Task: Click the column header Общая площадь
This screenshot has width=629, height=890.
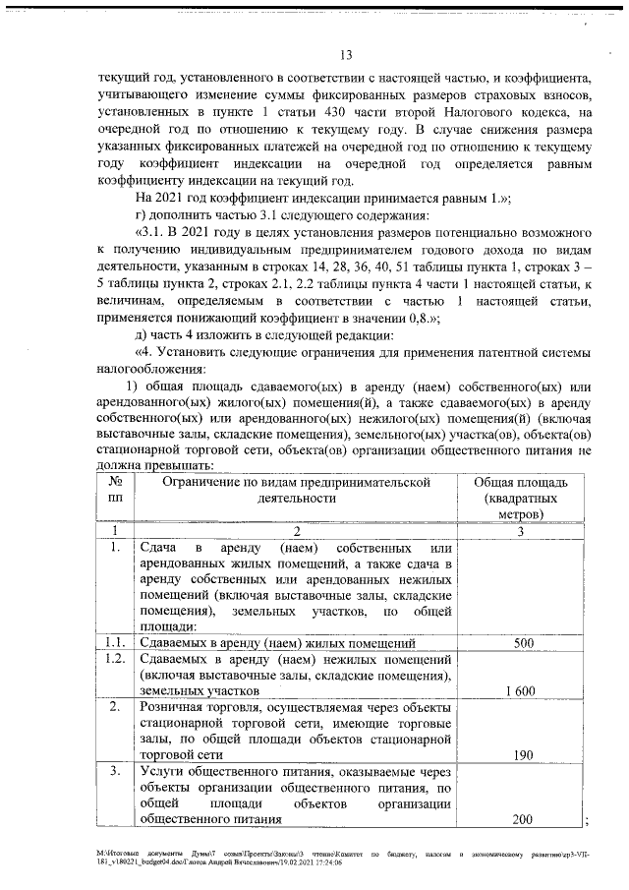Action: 519,482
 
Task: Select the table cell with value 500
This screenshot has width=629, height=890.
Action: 523,643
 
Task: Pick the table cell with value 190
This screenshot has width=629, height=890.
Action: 523,754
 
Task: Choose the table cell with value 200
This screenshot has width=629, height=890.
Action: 523,818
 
